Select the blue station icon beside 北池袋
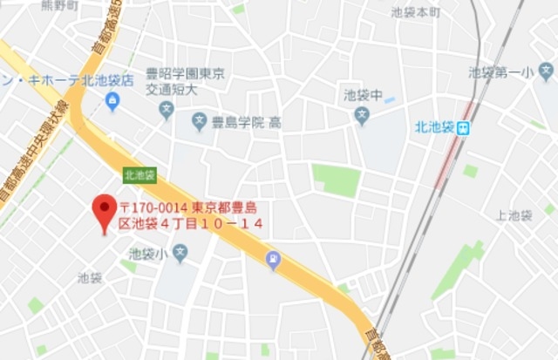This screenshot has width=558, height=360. (x=465, y=128)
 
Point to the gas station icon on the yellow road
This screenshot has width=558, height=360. (x=273, y=258)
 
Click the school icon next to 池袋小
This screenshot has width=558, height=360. (x=180, y=254)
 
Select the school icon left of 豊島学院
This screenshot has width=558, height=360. (x=199, y=123)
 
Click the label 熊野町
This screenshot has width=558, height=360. (x=59, y=5)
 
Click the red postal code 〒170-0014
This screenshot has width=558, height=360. (x=153, y=208)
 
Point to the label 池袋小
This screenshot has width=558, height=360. (x=146, y=255)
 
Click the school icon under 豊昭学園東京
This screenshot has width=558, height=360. (x=167, y=110)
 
